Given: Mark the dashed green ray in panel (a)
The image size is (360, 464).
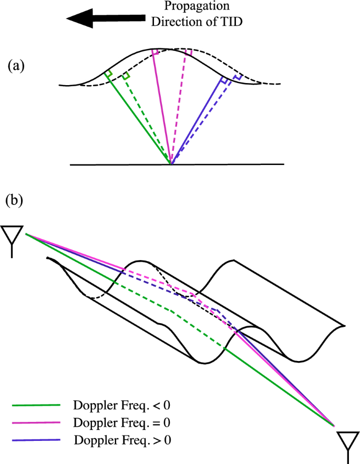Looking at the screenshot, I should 148,120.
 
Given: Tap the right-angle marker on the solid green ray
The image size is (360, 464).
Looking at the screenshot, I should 109,76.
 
